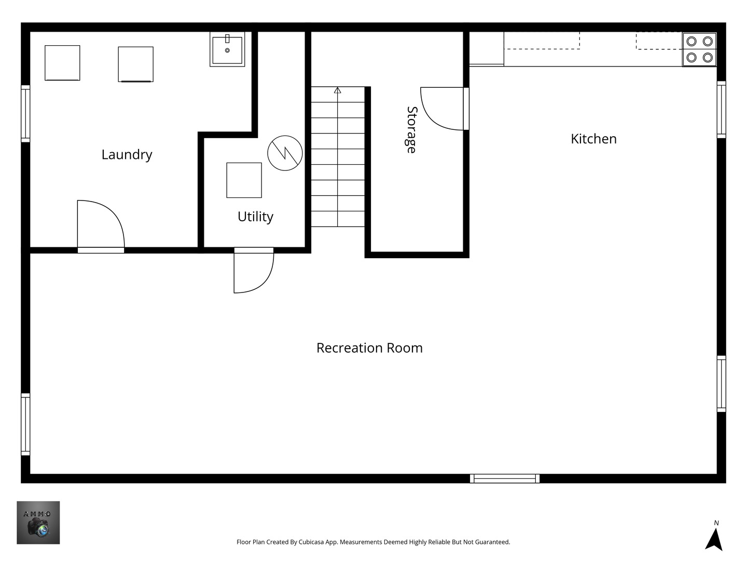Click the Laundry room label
(x=127, y=155)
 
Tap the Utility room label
(x=255, y=217)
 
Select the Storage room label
(x=412, y=130)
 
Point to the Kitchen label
(x=593, y=139)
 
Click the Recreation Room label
(x=369, y=348)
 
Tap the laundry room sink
(x=227, y=49)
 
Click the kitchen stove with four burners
(x=699, y=49)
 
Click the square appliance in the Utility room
(x=244, y=180)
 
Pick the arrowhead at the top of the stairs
(x=337, y=90)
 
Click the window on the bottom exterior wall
(x=505, y=478)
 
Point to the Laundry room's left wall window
(x=25, y=114)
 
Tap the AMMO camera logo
(x=38, y=523)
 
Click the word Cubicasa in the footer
(x=311, y=542)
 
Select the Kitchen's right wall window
(x=722, y=110)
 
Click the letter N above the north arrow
(x=716, y=523)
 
